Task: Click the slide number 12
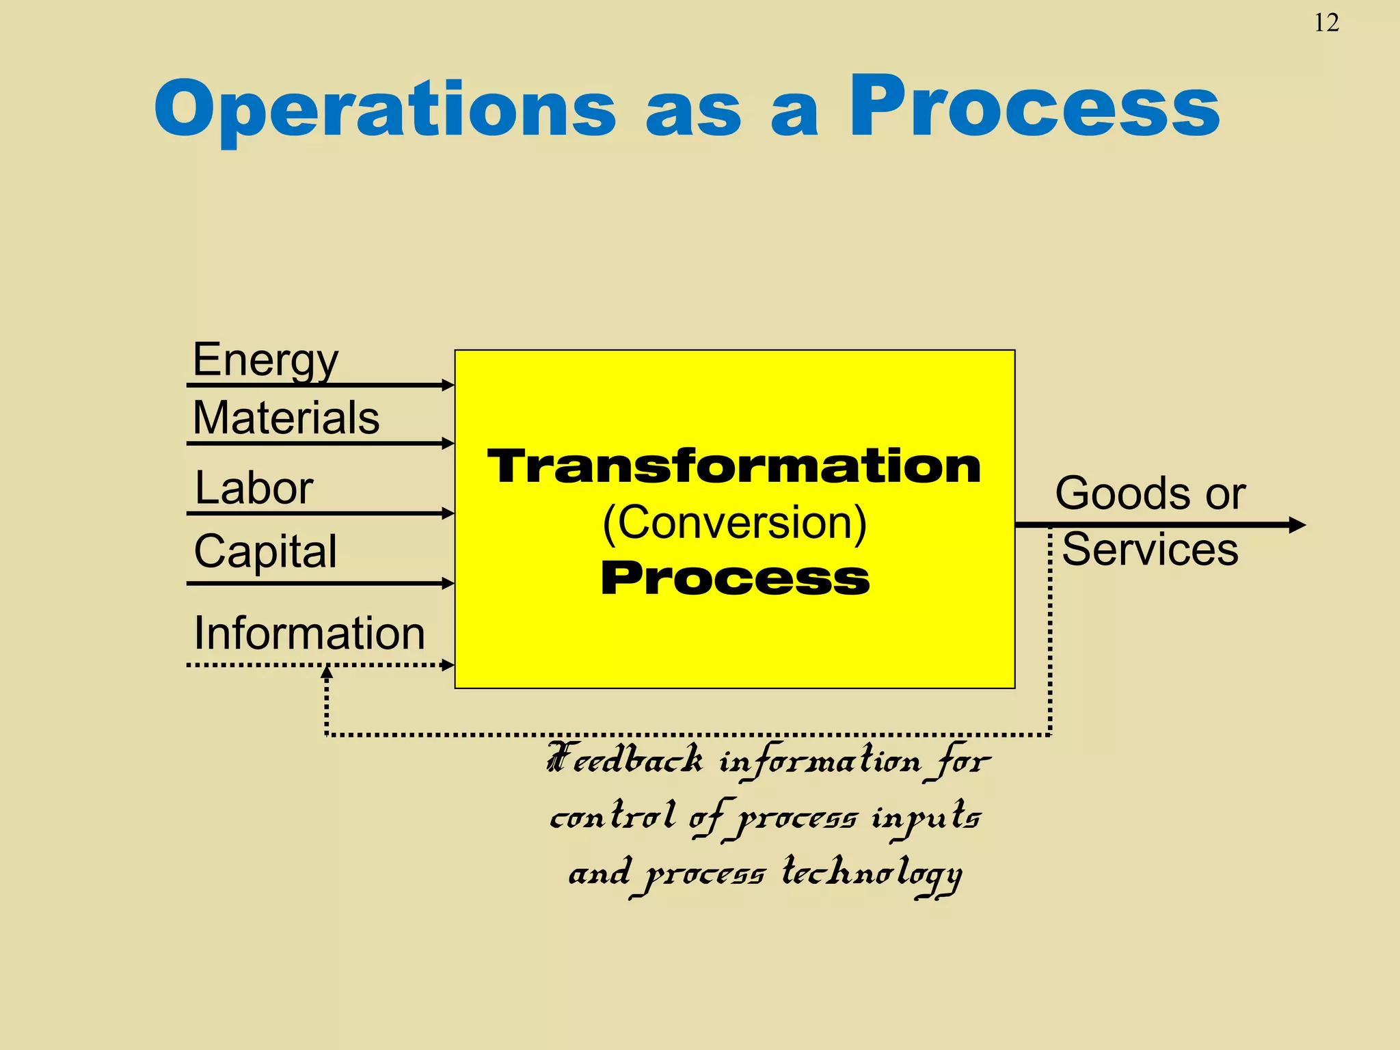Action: click(1325, 23)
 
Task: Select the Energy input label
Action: click(265, 360)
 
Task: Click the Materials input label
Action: click(286, 418)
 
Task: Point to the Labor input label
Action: click(254, 488)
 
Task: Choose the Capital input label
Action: click(265, 551)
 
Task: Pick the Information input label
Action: click(309, 633)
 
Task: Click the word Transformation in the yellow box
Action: click(734, 466)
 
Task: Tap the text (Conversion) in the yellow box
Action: click(734, 523)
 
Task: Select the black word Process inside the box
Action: click(734, 578)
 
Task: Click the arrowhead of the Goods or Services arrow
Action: click(1297, 525)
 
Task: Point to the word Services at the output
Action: click(1150, 549)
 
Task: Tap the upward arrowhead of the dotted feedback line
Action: click(327, 673)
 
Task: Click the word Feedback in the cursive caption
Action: click(625, 759)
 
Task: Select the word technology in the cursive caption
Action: click(872, 874)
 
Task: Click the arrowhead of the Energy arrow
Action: click(448, 385)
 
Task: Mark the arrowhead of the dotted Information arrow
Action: click(448, 664)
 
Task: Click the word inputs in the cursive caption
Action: click(926, 818)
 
